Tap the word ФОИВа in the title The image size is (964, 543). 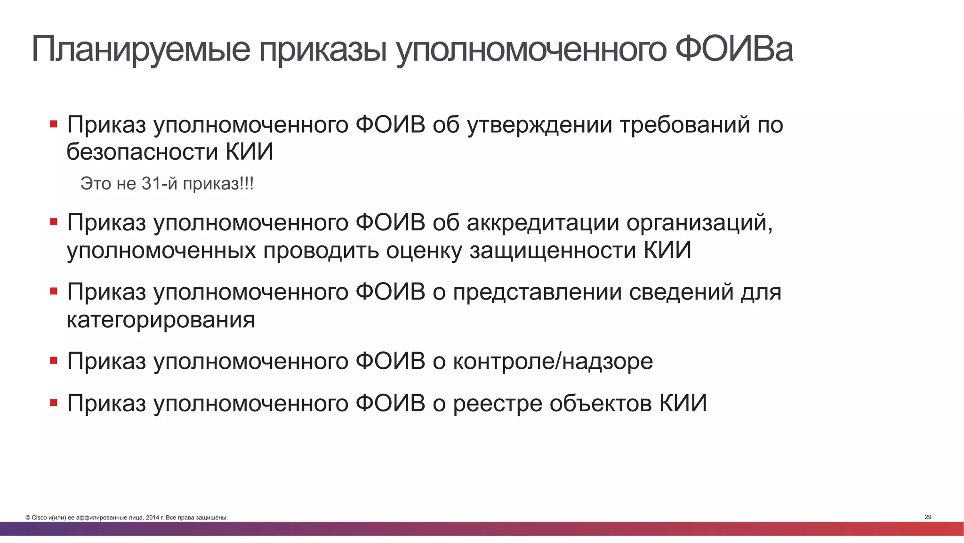pyautogui.click(x=734, y=49)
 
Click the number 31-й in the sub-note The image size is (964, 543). pyautogui.click(x=160, y=184)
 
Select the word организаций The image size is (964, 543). pyautogui.click(x=699, y=223)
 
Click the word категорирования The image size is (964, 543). pyautogui.click(x=161, y=320)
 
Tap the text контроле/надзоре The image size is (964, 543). pyautogui.click(x=553, y=362)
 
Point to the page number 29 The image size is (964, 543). pyautogui.click(x=928, y=517)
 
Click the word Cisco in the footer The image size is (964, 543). pyautogui.click(x=39, y=518)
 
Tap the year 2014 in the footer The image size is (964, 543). pyautogui.click(x=153, y=518)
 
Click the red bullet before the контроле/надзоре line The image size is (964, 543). pyautogui.click(x=54, y=361)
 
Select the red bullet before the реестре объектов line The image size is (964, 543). pyautogui.click(x=54, y=403)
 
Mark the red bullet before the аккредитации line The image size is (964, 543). pyautogui.click(x=54, y=222)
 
